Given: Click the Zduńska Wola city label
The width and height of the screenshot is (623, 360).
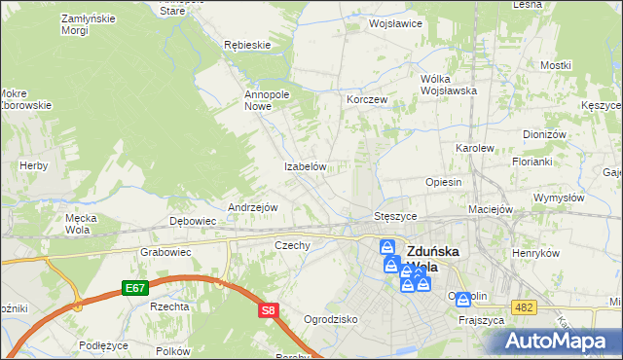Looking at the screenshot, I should (439, 256).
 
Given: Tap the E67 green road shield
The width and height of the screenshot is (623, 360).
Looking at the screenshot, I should (135, 289).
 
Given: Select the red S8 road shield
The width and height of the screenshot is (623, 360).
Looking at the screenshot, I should (270, 311).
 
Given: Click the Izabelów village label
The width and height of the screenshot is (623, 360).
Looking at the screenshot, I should (304, 166).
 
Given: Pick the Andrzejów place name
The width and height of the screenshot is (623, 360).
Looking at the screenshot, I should (253, 207).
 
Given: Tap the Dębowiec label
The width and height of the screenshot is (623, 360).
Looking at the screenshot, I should (193, 221).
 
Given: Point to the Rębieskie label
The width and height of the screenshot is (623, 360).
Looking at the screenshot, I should (246, 45).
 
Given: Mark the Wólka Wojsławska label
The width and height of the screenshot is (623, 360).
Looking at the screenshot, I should (447, 84).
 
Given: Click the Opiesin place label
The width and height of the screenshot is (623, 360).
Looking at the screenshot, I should (443, 182).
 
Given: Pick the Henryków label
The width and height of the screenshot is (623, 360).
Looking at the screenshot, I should (536, 252).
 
